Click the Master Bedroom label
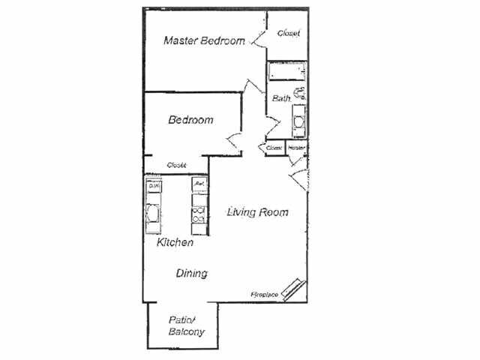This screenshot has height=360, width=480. (x=204, y=40)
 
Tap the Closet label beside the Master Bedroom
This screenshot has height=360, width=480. (x=289, y=33)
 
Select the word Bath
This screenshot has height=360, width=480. (x=281, y=98)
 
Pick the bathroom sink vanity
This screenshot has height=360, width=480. (x=298, y=121)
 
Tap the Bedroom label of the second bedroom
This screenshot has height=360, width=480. (x=190, y=119)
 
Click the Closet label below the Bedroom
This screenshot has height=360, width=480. (x=176, y=165)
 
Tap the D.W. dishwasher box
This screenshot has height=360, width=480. (x=153, y=185)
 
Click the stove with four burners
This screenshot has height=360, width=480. (x=200, y=215)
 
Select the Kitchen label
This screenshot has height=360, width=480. (x=175, y=243)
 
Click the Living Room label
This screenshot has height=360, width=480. (x=257, y=212)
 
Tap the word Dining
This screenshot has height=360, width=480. (x=192, y=274)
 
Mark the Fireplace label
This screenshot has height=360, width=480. (x=265, y=295)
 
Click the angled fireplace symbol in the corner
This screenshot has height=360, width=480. (x=293, y=289)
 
